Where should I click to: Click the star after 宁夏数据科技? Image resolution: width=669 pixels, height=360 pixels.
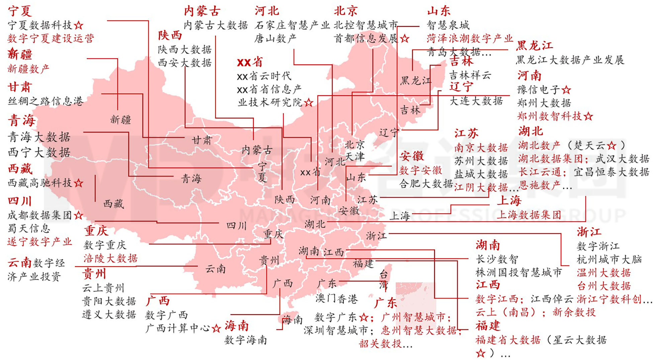[79, 25]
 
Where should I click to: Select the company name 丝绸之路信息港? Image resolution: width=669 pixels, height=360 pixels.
[45, 101]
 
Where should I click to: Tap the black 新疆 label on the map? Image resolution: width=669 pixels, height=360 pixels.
[121, 119]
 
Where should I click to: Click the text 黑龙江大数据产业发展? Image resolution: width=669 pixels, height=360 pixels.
[570, 60]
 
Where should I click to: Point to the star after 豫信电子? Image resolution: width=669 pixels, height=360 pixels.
[566, 90]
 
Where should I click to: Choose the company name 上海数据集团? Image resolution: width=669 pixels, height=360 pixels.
[528, 215]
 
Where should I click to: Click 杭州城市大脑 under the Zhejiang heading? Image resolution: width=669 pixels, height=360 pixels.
[609, 259]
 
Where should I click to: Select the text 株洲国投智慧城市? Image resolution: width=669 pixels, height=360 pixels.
[518, 272]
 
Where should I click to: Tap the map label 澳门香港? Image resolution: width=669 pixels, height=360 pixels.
[337, 298]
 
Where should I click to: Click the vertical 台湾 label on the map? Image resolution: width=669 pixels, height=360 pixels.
[384, 280]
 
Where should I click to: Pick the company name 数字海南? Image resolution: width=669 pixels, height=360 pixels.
[246, 340]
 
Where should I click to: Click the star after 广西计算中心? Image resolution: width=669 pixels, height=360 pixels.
[216, 328]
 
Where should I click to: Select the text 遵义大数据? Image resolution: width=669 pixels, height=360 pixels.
[109, 314]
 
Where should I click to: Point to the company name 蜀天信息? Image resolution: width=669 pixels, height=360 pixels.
[29, 229]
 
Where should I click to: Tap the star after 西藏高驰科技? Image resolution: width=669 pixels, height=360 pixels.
[79, 183]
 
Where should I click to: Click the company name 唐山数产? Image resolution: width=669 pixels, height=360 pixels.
[275, 38]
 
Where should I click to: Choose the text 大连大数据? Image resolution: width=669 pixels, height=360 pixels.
[476, 101]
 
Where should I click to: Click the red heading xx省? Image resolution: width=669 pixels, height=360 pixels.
[250, 62]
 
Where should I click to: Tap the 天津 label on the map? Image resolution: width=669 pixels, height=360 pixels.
[355, 156]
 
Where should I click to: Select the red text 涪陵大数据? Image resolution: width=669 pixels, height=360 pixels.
[110, 258]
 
